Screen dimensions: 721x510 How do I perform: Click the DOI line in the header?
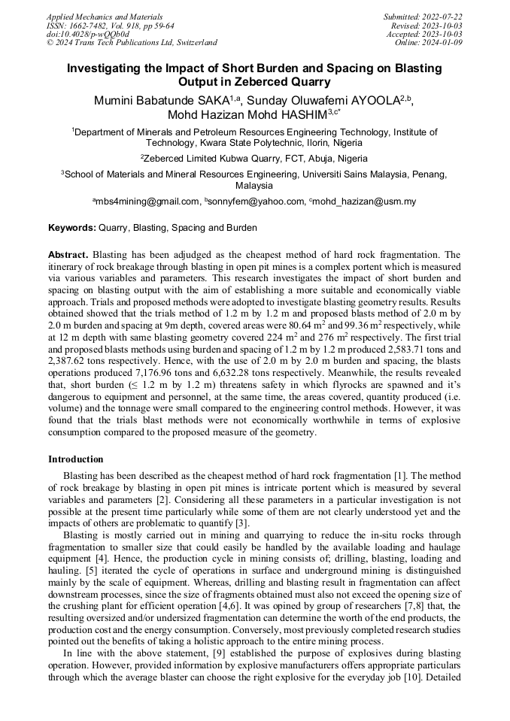pyautogui.click(x=88, y=34)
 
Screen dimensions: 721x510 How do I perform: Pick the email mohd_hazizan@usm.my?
pyautogui.click(x=365, y=201)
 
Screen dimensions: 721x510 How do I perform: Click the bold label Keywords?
pyautogui.click(x=72, y=227)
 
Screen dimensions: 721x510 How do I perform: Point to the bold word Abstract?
pyautogui.click(x=68, y=255)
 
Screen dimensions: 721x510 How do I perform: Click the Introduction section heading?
pyautogui.click(x=76, y=459)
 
